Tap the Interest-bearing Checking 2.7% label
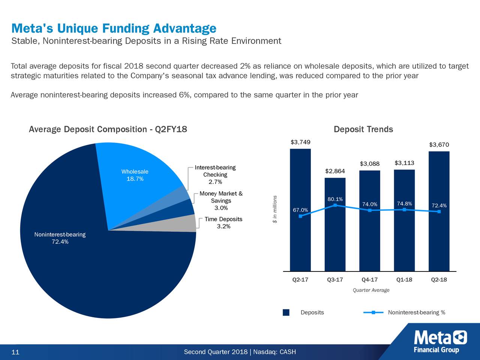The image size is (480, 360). coord(215,175)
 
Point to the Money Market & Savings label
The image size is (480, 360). coord(221,201)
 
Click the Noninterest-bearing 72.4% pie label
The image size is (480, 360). coord(60,238)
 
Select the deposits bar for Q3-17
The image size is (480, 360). coord(335,232)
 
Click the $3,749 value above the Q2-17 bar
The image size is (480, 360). coord(300,142)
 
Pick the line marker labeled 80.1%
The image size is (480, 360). coord(335,205)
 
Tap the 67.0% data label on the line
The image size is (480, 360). coord(300,210)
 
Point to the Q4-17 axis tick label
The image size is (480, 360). coord(369,280)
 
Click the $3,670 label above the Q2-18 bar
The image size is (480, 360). coord(439,145)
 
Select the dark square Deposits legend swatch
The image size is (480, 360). coord(286,313)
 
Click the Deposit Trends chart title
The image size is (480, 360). coord(363,129)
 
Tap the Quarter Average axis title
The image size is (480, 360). coord(371,290)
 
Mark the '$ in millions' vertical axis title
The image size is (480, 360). coord(275,210)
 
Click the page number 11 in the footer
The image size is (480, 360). coord(15,352)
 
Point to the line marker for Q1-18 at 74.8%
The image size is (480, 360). coord(404,210)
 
